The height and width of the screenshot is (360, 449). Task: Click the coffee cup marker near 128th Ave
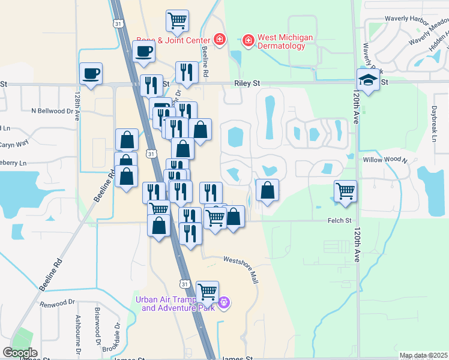click(91, 74)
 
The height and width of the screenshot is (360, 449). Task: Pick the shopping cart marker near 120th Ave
click(345, 191)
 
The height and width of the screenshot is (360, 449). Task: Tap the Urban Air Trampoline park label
click(175, 304)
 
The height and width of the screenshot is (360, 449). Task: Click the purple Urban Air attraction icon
click(223, 303)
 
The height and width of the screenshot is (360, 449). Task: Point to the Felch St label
click(339, 221)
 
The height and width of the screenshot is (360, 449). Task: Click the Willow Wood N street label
click(385, 161)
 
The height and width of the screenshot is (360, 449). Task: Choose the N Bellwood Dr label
click(54, 111)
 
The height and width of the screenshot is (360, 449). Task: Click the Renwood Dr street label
click(57, 304)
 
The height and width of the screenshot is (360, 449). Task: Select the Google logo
click(20, 353)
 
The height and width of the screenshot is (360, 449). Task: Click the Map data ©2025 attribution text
click(423, 356)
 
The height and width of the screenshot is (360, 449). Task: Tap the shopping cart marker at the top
click(177, 21)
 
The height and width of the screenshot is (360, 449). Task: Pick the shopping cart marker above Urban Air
click(207, 292)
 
